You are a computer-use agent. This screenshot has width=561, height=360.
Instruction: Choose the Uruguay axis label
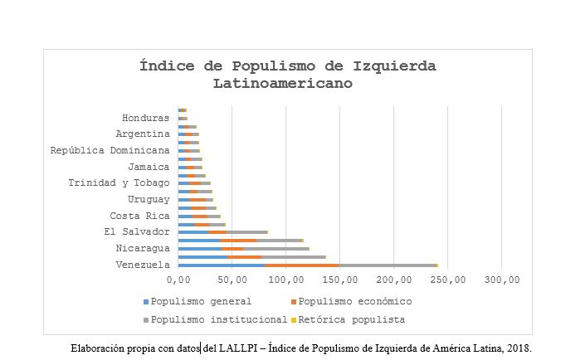149,199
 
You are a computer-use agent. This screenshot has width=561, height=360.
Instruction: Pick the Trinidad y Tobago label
120,182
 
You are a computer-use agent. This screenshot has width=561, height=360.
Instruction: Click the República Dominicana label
110,150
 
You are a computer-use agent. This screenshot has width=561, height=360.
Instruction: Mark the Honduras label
146,118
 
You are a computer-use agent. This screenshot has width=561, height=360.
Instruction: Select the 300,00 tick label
501,280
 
